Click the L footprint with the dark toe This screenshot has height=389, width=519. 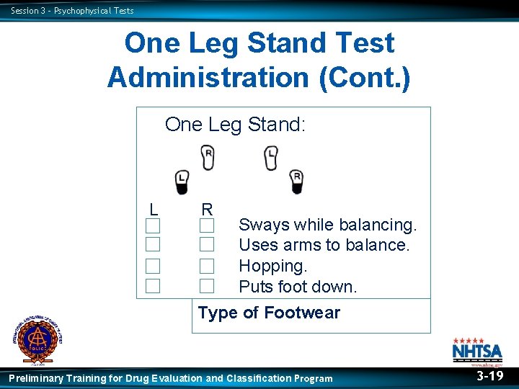click(182, 182)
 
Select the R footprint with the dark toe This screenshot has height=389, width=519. click(296, 182)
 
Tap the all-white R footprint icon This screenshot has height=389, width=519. click(208, 157)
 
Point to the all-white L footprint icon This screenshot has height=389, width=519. click(271, 157)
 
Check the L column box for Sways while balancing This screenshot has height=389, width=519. click(152, 225)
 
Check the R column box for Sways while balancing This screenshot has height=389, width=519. click(207, 225)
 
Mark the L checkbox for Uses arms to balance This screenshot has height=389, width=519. click(152, 245)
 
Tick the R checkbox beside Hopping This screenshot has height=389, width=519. click(207, 266)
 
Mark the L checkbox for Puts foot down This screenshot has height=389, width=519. click(152, 286)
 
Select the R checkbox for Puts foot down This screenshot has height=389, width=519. click(207, 286)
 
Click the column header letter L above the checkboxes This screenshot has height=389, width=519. click(154, 210)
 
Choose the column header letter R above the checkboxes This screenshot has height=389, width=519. click(207, 210)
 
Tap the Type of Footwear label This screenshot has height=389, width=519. click(269, 313)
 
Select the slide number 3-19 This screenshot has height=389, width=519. click(490, 376)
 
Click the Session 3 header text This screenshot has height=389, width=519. click(72, 10)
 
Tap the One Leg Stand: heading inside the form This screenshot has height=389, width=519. click(236, 125)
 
